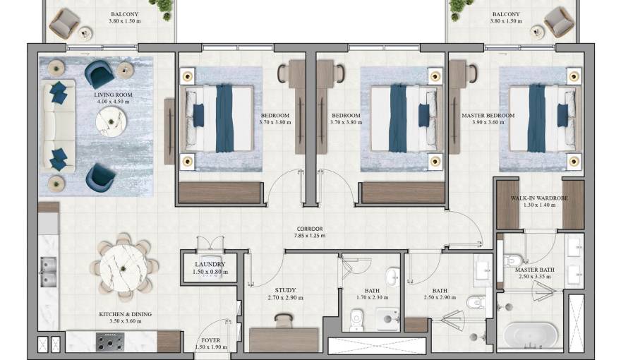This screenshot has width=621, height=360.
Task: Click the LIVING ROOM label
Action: tap(113, 94)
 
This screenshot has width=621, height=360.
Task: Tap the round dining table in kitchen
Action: tap(123, 268)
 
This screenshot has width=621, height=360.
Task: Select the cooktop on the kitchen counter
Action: tap(110, 343)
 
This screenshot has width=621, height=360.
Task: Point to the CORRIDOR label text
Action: tap(309, 229)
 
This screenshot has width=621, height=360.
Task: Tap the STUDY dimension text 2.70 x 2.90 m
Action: tap(284, 298)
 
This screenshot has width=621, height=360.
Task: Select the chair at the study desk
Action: tap(284, 320)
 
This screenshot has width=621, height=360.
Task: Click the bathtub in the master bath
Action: tap(529, 333)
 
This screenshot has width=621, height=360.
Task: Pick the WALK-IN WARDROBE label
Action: tap(539, 198)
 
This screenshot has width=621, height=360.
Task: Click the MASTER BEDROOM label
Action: tap(488, 115)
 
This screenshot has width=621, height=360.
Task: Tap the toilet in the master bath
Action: tap(512, 261)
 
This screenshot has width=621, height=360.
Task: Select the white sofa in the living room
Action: tap(51, 126)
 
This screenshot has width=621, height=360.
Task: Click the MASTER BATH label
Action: tap(533, 270)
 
